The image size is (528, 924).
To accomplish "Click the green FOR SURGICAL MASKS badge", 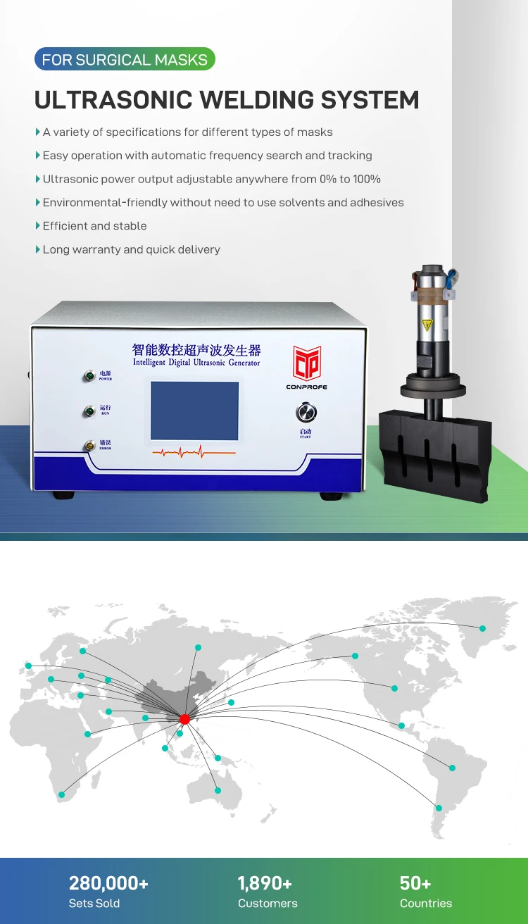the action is tap(125, 60).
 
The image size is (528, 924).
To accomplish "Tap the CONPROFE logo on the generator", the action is tap(307, 367).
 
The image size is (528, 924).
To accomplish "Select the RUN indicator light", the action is tap(89, 411).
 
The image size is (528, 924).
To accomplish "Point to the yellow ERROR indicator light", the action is tap(89, 445).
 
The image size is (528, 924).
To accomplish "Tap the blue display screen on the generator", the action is tap(195, 411).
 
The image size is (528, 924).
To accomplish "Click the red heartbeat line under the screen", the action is tap(195, 451).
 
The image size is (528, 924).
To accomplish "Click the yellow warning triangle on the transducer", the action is tap(426, 325).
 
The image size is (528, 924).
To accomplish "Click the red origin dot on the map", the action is tap(184, 719).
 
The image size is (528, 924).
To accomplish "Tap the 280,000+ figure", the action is tap(108, 883).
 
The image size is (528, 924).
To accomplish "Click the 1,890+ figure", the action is tap(265, 883).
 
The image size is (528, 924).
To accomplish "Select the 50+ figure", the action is tap(415, 883).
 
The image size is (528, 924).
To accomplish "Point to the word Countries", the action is tap(426, 904).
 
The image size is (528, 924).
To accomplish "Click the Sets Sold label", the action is tap(94, 904).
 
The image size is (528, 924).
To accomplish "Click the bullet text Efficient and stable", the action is tap(94, 226).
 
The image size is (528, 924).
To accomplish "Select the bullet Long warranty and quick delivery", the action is tap(131, 249).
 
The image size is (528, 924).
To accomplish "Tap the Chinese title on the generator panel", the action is tap(196, 349).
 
